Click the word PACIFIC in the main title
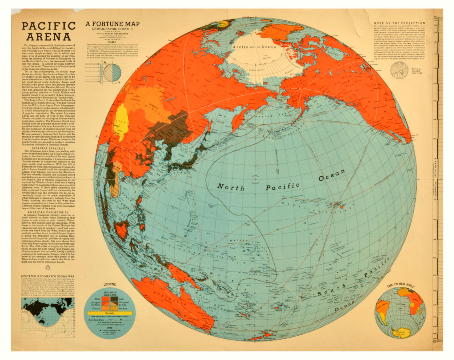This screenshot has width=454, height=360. [x=49, y=26]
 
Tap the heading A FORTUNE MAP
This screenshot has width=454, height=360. [x=113, y=24]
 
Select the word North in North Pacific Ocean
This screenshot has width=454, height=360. [x=231, y=187]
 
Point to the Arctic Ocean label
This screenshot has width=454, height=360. [x=254, y=47]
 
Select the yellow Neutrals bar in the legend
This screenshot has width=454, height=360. [x=110, y=313]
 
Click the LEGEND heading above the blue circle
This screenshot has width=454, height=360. [x=110, y=284]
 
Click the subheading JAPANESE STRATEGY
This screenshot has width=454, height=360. [x=49, y=148]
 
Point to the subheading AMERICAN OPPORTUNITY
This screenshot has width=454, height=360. [x=48, y=212]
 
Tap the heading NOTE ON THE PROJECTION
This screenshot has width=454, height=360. [x=399, y=23]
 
